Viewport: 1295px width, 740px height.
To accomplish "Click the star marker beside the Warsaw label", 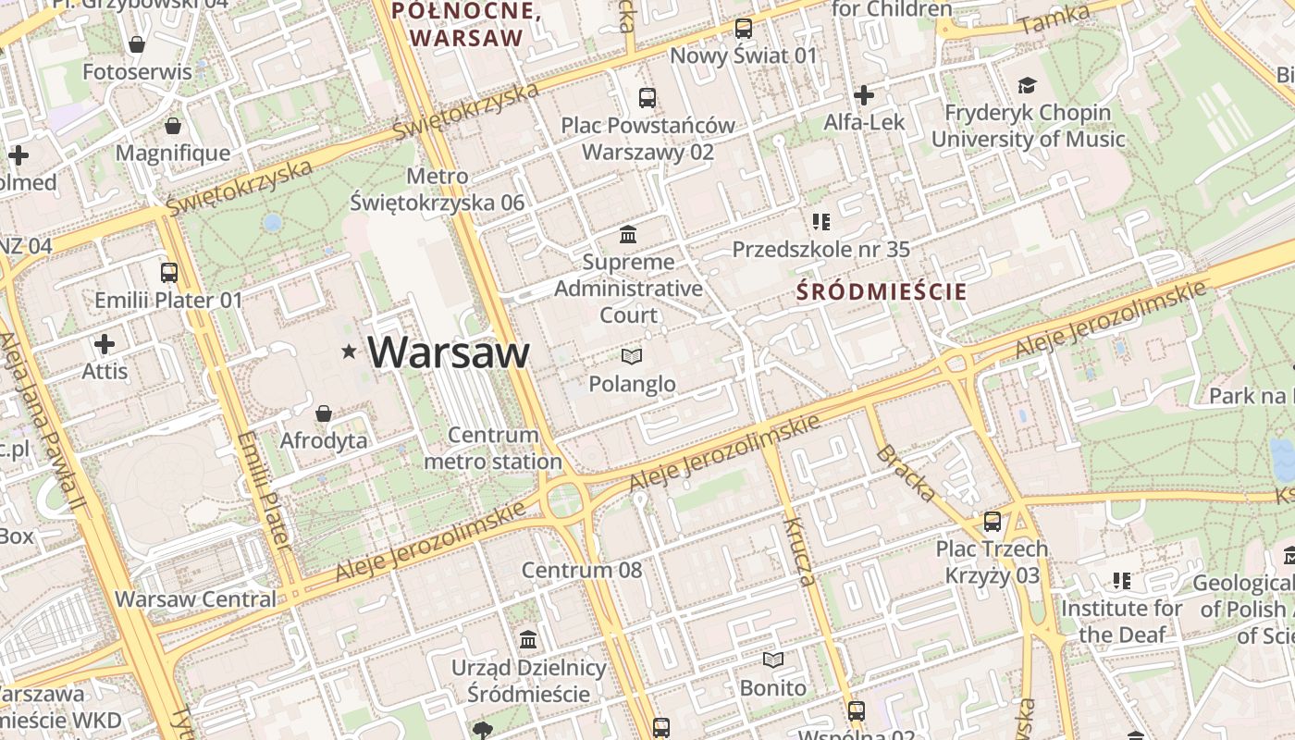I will pyautogui.click(x=349, y=351).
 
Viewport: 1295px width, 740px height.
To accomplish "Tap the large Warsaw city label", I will pyautogui.click(x=449, y=352).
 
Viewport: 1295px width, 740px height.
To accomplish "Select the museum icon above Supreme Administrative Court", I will pyautogui.click(x=629, y=234).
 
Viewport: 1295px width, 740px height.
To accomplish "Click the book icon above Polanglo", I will pyautogui.click(x=632, y=356).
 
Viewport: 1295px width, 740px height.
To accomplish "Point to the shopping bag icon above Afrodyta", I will pyautogui.click(x=324, y=413).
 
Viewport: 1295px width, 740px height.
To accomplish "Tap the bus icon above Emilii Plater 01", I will pyautogui.click(x=168, y=273).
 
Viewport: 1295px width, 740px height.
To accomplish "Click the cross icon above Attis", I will pyautogui.click(x=105, y=345).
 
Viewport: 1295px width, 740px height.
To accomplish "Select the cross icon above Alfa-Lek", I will pyautogui.click(x=864, y=94).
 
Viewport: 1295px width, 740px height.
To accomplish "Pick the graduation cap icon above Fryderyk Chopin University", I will pyautogui.click(x=1027, y=86).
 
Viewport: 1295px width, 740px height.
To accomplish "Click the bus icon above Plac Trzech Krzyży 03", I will pyautogui.click(x=993, y=522).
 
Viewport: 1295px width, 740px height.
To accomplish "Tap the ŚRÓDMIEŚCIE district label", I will pyautogui.click(x=882, y=292).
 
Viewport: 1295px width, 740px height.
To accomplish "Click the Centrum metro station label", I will pyautogui.click(x=493, y=448).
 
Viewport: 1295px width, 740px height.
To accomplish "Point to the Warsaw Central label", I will pyautogui.click(x=195, y=598).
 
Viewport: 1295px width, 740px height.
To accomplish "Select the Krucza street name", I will pyautogui.click(x=799, y=552).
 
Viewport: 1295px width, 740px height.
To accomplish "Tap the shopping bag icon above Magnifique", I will pyautogui.click(x=172, y=126).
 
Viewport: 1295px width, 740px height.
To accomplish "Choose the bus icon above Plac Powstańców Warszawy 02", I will pyautogui.click(x=647, y=97).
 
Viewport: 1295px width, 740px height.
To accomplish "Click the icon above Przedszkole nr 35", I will pyautogui.click(x=820, y=222).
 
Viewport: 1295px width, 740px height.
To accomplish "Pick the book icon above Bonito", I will pyautogui.click(x=773, y=660).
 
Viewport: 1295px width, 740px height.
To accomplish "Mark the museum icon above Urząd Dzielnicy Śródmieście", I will pyautogui.click(x=529, y=639).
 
